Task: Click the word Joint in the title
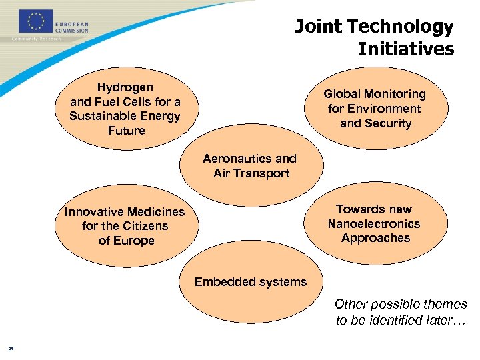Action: tap(317, 27)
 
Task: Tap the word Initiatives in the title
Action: tap(405, 49)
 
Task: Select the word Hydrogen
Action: tap(125, 87)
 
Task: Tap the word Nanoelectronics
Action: tap(373, 224)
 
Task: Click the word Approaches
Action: tap(375, 238)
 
